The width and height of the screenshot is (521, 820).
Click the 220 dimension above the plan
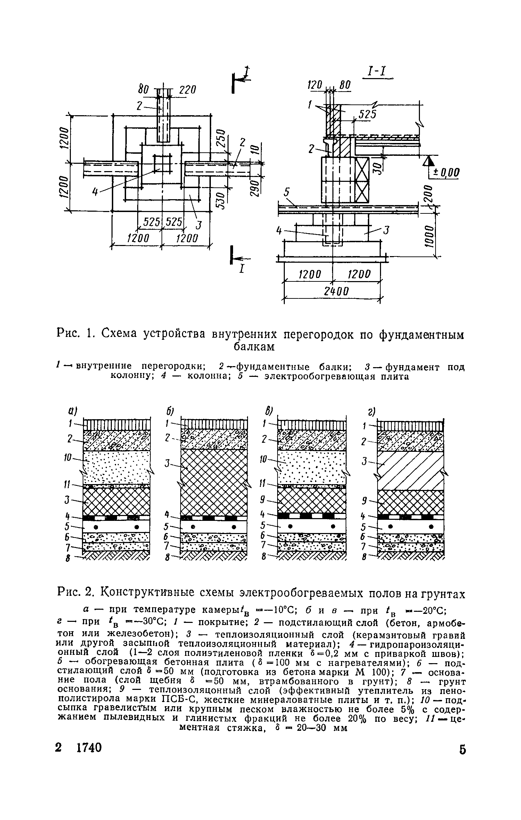(188, 90)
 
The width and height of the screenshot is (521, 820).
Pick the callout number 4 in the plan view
(94, 191)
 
